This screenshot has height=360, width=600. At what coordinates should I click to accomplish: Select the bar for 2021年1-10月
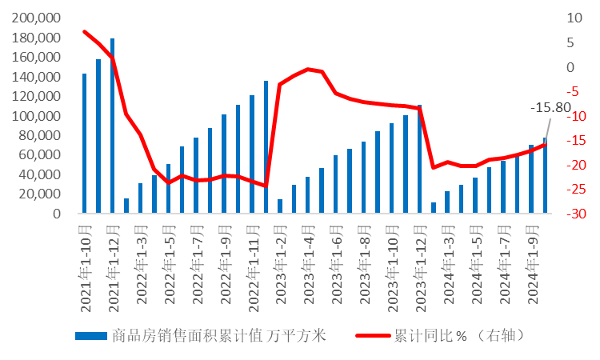pyautogui.click(x=84, y=144)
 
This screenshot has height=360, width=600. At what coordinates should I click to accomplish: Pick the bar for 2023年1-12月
pyautogui.click(x=419, y=160)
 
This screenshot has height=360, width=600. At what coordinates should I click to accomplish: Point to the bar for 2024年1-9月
pyautogui.click(x=531, y=179)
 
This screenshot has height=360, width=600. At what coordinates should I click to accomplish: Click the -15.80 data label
pyautogui.click(x=550, y=108)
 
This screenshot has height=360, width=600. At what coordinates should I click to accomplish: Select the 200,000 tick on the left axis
pyautogui.click(x=38, y=18)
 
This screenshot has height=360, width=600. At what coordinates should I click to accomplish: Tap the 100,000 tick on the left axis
pyautogui.click(x=38, y=116)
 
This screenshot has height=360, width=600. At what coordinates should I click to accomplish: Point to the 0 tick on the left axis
pyautogui.click(x=57, y=214)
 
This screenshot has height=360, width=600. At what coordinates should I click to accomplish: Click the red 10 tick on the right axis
pyautogui.click(x=570, y=18)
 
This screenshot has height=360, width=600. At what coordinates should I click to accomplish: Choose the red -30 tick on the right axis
pyautogui.click(x=570, y=214)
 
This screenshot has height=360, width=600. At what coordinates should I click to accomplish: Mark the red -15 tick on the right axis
pyautogui.click(x=570, y=141)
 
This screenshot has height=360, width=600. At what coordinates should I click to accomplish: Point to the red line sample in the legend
pyautogui.click(x=372, y=336)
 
